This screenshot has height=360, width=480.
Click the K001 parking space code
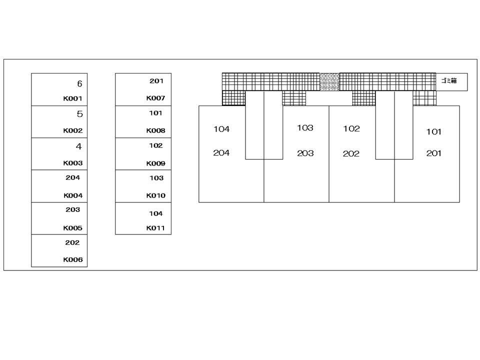(73, 98)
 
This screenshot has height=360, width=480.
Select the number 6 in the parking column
(79, 83)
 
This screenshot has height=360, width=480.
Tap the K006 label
(73, 259)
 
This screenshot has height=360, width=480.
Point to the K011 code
(155, 228)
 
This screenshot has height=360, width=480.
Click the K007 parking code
(155, 98)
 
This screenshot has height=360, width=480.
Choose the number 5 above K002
(80, 114)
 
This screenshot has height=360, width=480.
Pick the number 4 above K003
(79, 146)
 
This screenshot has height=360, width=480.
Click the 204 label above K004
(72, 177)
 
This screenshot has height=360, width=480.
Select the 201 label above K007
(156, 81)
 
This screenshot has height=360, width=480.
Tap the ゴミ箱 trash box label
(449, 80)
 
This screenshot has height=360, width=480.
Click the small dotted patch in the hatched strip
(329, 81)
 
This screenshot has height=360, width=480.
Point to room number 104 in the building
(221, 129)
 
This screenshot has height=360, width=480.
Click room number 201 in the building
(434, 153)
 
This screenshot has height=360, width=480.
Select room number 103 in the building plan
(305, 127)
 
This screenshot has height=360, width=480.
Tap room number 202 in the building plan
(351, 153)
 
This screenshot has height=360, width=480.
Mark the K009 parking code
(155, 163)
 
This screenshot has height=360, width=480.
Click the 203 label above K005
(72, 209)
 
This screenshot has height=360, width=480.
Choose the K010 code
(155, 195)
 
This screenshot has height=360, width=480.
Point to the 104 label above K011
(156, 213)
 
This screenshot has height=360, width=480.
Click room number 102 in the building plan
(351, 128)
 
